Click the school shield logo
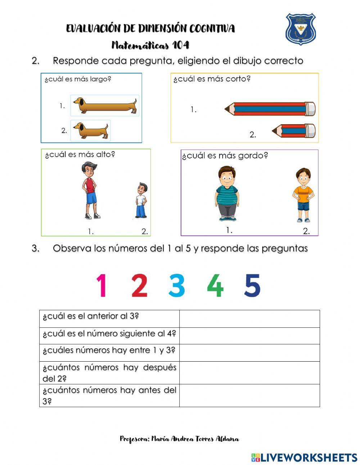point(301,29)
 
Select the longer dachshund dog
point(105,106)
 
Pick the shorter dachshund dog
point(90,130)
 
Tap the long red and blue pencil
point(270,109)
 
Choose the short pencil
point(294,131)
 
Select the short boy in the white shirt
point(141,200)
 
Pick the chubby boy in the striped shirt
point(227,193)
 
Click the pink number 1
point(102,285)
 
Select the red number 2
point(139,285)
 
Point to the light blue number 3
point(177,285)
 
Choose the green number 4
point(215,285)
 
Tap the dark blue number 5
point(252,285)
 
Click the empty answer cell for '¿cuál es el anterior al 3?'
point(249,319)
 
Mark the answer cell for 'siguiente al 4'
point(249,336)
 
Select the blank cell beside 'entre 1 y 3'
point(249,353)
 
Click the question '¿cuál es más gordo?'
point(225,156)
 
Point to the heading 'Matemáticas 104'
point(150,45)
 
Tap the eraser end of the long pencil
point(310,109)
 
